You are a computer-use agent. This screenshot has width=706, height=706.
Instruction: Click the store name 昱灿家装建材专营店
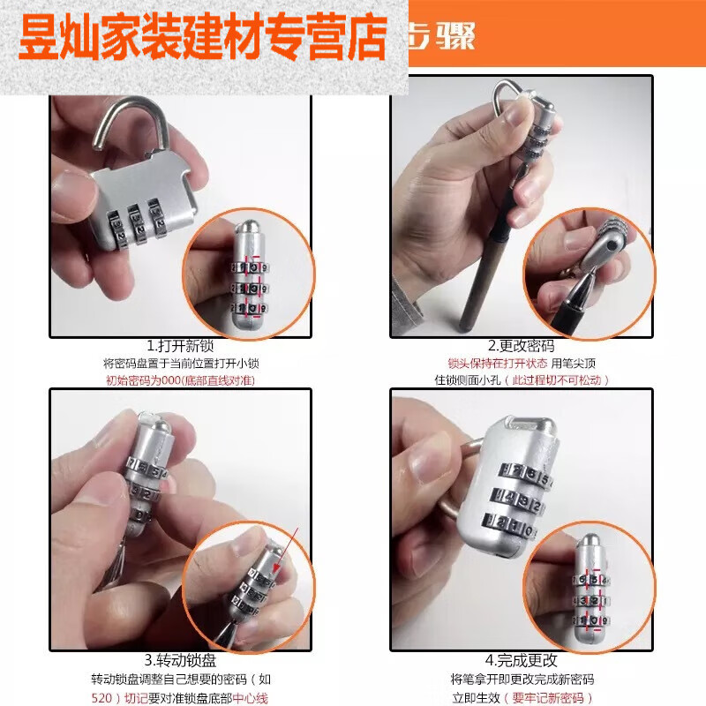[x=203, y=38]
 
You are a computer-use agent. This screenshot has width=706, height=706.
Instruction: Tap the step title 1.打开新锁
[x=180, y=345]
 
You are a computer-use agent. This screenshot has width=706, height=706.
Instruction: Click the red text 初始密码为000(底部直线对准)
[x=180, y=380]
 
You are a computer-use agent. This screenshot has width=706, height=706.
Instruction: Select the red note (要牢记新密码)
[x=554, y=697]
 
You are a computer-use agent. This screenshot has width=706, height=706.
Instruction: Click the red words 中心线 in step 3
[x=250, y=698]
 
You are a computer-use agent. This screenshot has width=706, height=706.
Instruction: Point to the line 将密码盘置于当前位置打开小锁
[x=180, y=364]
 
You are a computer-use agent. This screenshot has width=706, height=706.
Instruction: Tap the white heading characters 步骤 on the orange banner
[x=446, y=37]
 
